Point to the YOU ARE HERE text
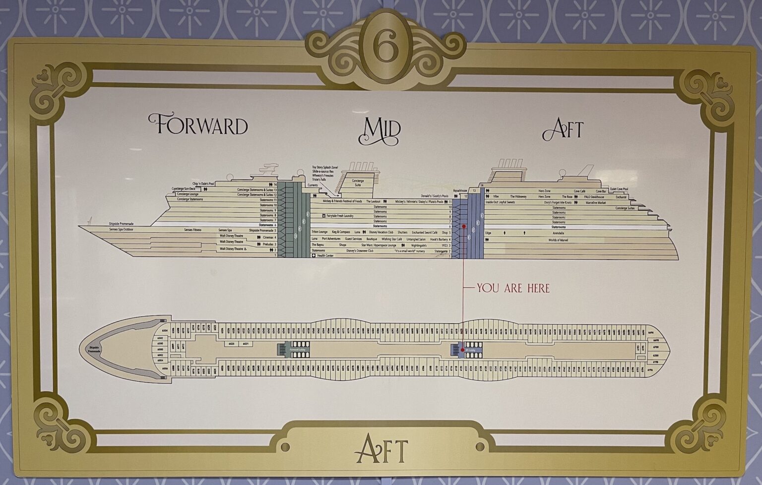coord(513,288)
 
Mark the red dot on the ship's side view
coord(463,226)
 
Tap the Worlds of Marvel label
coord(558,240)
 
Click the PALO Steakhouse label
coord(594,197)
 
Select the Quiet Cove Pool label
coord(619,188)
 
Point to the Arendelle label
coord(558,233)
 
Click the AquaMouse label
coord(460,190)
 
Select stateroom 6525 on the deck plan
coord(231,343)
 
